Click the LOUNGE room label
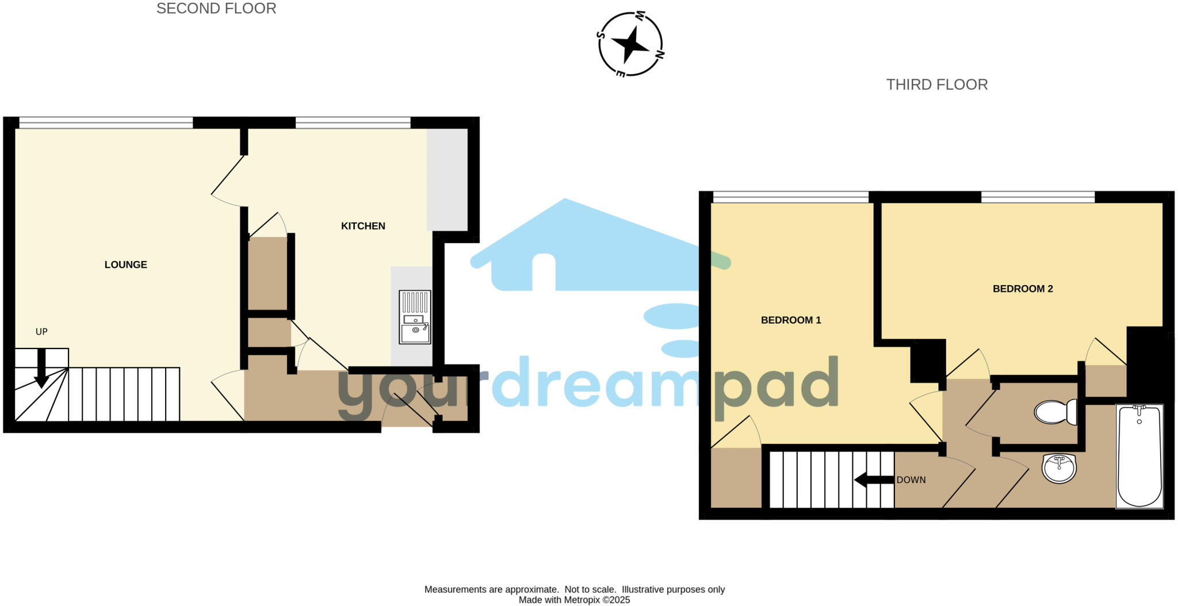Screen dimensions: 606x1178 [125, 264]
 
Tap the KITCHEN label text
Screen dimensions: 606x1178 [363, 226]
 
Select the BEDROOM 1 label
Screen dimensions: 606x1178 [791, 320]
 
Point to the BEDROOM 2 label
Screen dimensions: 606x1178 [1023, 289]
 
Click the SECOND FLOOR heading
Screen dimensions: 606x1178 [216, 9]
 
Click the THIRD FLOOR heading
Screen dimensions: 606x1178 [936, 85]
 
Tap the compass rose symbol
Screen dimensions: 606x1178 [630, 44]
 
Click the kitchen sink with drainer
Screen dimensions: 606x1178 [415, 317]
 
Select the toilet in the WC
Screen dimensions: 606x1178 [1055, 412]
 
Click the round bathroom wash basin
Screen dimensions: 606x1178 [1059, 468]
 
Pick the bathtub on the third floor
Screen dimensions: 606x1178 [1139, 457]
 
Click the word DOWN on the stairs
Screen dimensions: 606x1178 [911, 480]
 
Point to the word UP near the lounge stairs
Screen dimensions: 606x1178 [41, 332]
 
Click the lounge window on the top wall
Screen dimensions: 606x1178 [106, 122]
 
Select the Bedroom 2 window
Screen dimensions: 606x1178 [1038, 197]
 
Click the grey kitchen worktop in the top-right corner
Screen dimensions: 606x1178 [447, 179]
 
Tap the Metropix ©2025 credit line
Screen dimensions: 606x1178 [574, 600]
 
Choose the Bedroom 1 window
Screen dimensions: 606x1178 [790, 197]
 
